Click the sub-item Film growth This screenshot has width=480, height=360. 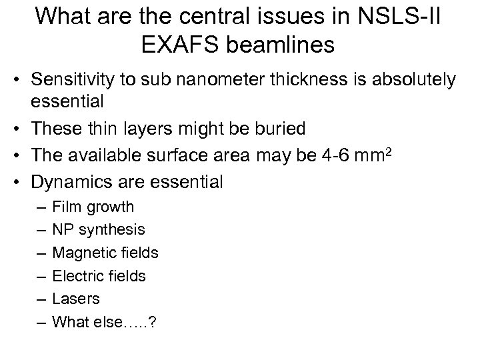(x=93, y=207)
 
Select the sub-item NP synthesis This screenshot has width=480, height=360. (x=98, y=229)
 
